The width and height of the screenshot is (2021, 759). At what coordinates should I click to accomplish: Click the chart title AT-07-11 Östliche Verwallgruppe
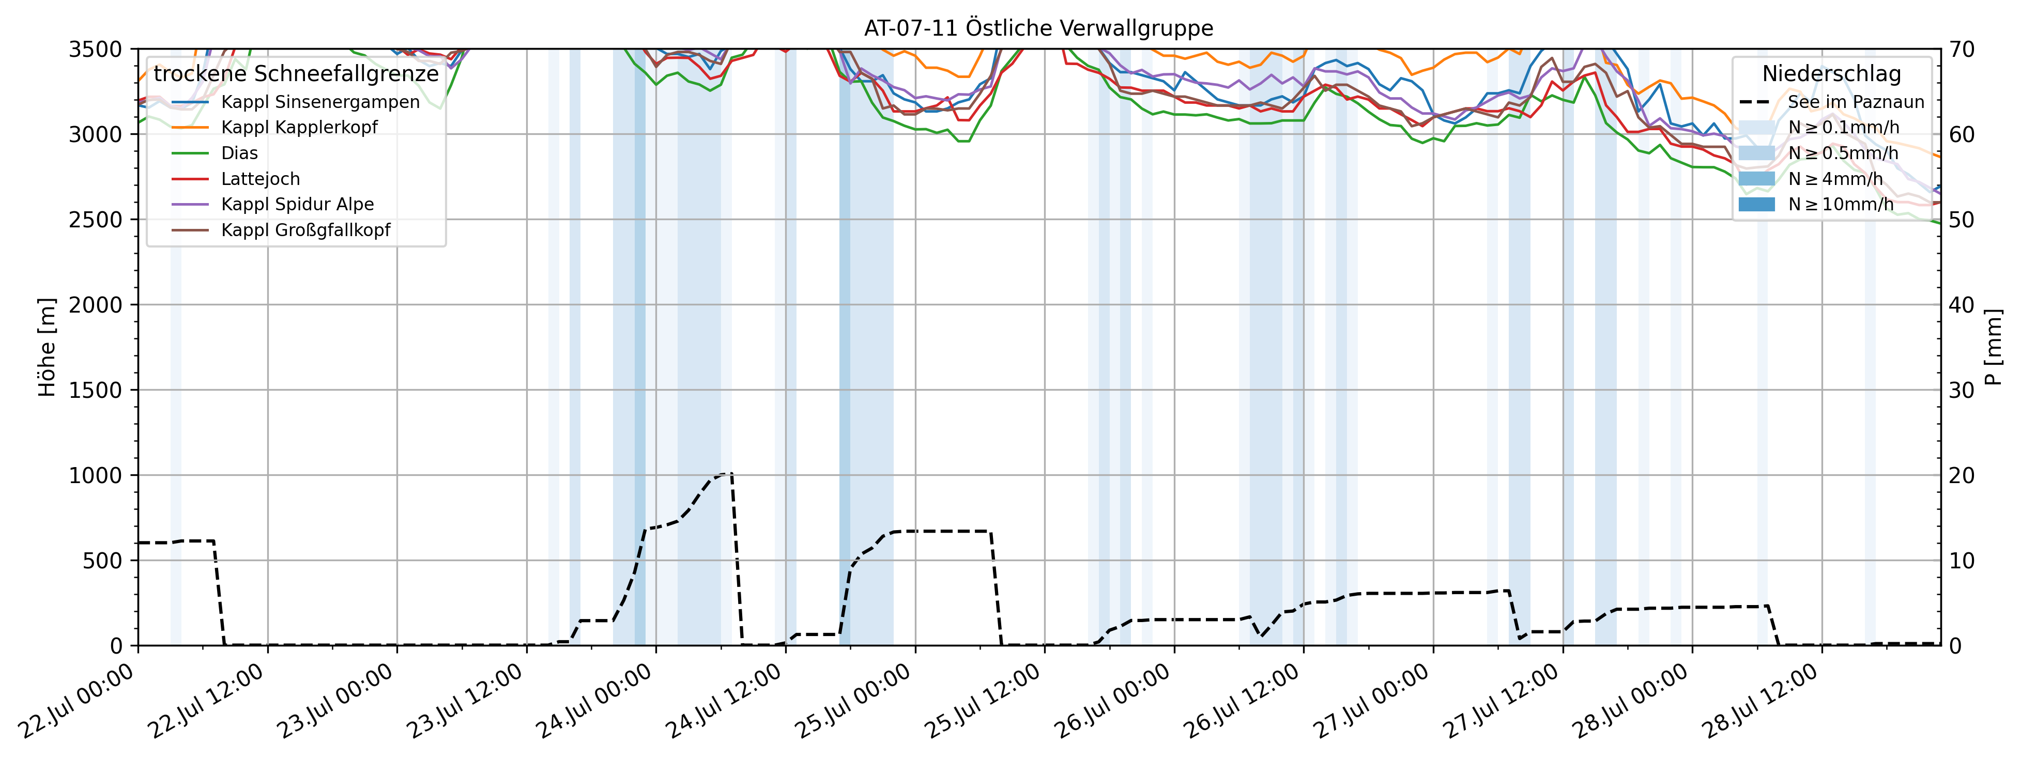click(x=1038, y=28)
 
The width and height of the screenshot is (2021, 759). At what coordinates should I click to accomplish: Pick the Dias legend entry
click(x=239, y=153)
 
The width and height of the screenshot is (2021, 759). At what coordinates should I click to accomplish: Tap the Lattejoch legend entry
click(x=261, y=179)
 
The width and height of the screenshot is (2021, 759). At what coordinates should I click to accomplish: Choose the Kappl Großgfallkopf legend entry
click(x=305, y=230)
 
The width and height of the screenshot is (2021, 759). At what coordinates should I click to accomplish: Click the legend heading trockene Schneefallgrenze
click(x=296, y=74)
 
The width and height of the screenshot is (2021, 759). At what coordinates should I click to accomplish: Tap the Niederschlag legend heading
click(x=1831, y=74)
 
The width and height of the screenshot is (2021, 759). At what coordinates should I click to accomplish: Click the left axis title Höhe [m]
click(x=47, y=347)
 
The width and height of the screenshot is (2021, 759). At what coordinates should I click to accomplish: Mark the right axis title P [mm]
click(x=1993, y=347)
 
